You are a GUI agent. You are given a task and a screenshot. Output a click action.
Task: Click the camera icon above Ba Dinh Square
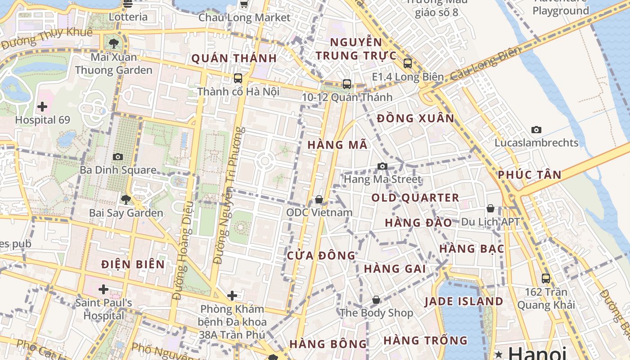[118, 157]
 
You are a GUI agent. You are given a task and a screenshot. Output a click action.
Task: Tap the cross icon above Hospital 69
[42, 107]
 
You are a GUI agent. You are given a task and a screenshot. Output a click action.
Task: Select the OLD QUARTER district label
[415, 198]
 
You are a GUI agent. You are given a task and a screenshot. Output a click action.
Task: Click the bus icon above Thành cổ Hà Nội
[238, 78]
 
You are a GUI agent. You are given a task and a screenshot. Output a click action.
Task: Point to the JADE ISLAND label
[463, 301]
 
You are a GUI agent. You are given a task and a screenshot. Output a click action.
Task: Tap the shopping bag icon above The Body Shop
[376, 300]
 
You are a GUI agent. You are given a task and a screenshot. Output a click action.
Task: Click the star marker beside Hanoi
[499, 353]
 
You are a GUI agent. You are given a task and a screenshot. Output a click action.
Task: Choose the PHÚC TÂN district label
[530, 175]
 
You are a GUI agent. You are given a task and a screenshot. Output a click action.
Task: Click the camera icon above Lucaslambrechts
[536, 130]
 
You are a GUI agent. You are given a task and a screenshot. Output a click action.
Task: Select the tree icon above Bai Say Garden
[126, 199]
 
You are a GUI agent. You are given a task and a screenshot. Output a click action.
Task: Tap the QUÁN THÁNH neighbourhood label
[234, 58]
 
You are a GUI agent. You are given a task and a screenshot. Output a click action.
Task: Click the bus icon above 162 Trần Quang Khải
[546, 279]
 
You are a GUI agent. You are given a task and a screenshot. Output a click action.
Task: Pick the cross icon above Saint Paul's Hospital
[103, 289]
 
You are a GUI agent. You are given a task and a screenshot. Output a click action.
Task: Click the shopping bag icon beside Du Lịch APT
[490, 209]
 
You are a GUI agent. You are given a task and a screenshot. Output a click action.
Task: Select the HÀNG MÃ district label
[337, 145]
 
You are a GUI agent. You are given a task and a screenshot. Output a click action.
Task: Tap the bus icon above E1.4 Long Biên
[408, 63]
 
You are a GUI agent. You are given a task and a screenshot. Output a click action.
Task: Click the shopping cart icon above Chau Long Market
[244, 4]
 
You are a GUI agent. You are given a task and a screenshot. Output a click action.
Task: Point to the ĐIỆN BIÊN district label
[133, 264]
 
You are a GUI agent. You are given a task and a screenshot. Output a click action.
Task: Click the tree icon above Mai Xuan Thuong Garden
[114, 44]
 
